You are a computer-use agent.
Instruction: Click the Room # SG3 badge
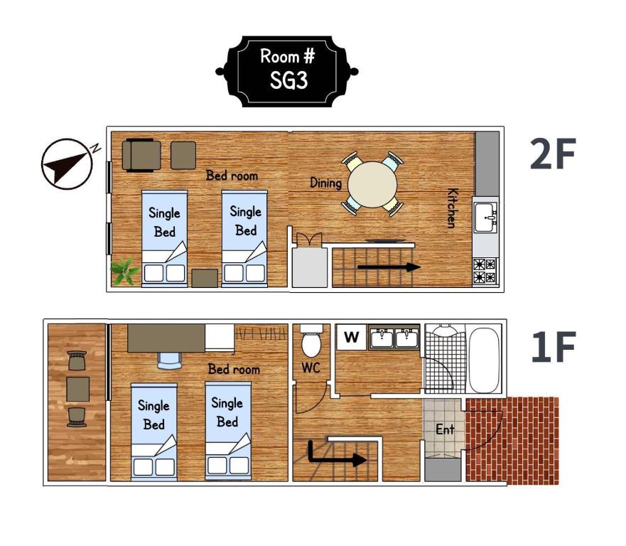286,72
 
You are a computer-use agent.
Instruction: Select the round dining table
372,185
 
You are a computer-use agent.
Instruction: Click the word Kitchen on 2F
452,208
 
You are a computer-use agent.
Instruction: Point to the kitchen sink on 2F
485,218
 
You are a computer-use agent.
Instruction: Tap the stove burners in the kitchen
485,271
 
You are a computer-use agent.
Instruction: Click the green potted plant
124,271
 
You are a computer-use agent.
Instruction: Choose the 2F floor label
553,154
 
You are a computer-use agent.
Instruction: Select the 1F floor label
553,347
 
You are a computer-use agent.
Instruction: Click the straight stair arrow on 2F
389,267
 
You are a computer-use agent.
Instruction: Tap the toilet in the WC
311,341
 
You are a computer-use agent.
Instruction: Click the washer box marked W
351,337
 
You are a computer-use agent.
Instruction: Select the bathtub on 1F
484,360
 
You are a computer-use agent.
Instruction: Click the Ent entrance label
445,429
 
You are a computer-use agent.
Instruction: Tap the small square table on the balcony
78,389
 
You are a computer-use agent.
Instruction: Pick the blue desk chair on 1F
170,361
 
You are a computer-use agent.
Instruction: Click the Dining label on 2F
325,183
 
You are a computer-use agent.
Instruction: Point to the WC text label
311,368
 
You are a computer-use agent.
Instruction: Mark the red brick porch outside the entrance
512,441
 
